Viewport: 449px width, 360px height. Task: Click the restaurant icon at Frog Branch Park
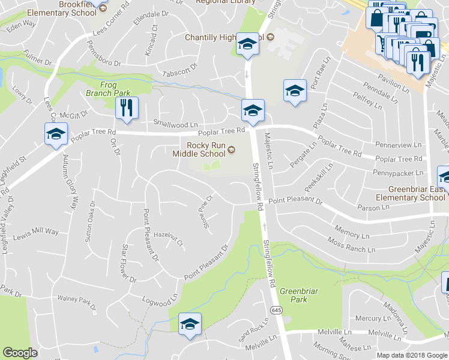point(127,107)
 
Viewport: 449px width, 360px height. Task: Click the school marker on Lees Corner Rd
point(56,133)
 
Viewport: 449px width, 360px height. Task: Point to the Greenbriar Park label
point(294,295)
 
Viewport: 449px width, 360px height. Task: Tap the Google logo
point(20,353)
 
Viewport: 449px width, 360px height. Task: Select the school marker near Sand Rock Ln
point(190,324)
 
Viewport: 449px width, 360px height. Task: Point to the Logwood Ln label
point(160,297)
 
